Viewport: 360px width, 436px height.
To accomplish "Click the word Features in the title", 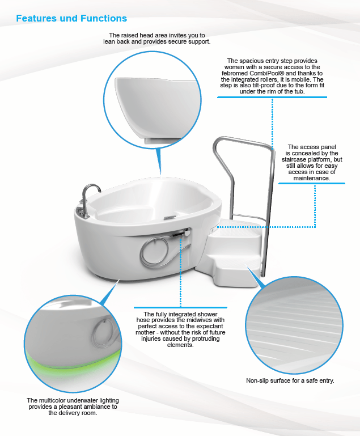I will pyautogui.click(x=38, y=19).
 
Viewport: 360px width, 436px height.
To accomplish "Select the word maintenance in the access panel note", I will pyautogui.click(x=311, y=178).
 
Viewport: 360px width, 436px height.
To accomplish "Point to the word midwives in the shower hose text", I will pyautogui.click(x=205, y=320).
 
